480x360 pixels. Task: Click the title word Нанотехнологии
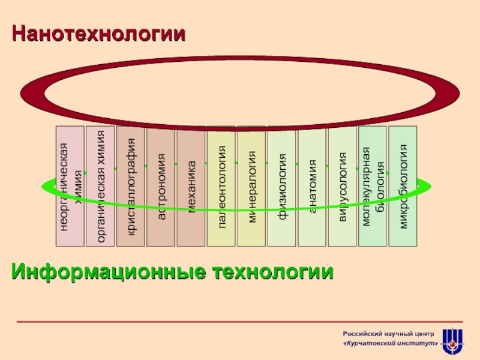(x=98, y=34)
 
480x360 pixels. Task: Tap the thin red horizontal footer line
(x=240, y=322)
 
